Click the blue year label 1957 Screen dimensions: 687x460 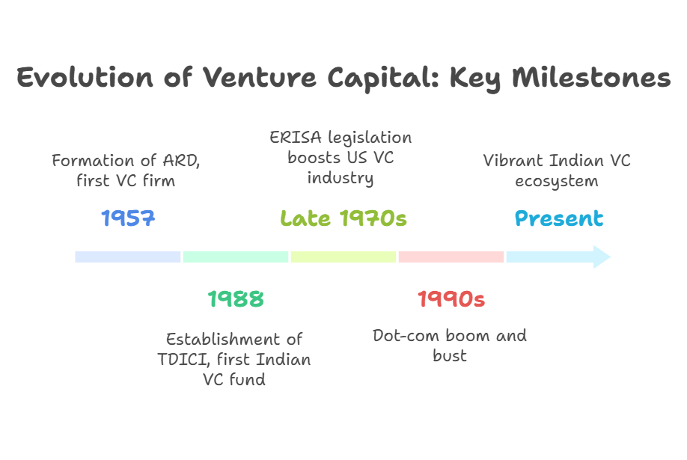(128, 218)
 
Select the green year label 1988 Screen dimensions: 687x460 (236, 298)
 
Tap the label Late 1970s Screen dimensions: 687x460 (343, 218)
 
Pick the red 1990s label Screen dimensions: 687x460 (451, 298)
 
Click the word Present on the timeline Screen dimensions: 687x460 (558, 218)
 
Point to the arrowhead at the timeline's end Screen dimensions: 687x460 (602, 257)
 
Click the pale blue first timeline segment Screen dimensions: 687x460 (127, 257)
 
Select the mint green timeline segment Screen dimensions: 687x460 (236, 257)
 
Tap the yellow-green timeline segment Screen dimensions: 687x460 (343, 257)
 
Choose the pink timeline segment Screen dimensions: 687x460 (451, 257)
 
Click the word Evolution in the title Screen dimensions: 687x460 (85, 78)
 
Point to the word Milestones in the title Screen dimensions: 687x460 (591, 78)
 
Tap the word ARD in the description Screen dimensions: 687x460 (181, 161)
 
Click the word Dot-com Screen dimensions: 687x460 (406, 336)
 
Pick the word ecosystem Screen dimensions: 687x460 (557, 181)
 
